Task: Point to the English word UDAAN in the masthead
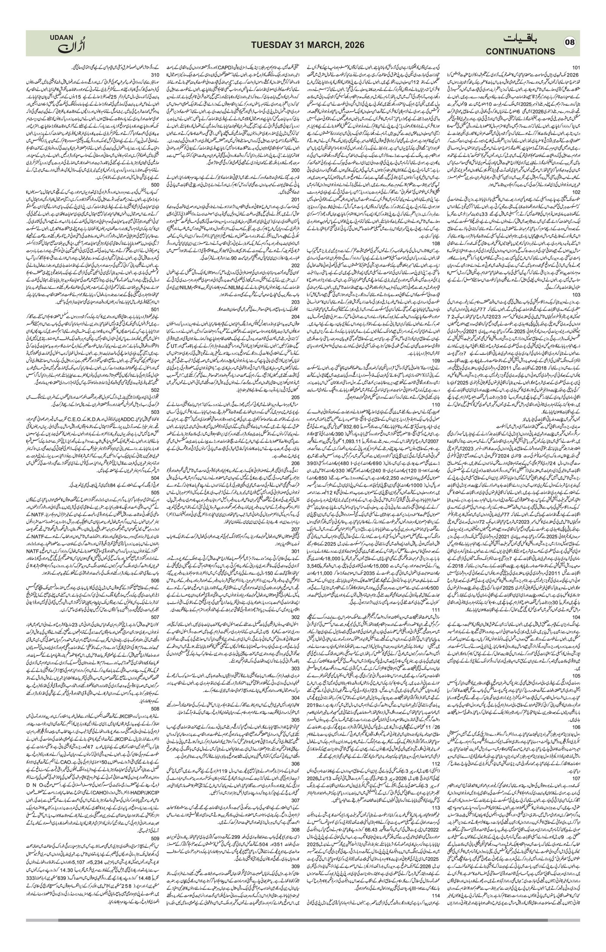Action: coord(61,37)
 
